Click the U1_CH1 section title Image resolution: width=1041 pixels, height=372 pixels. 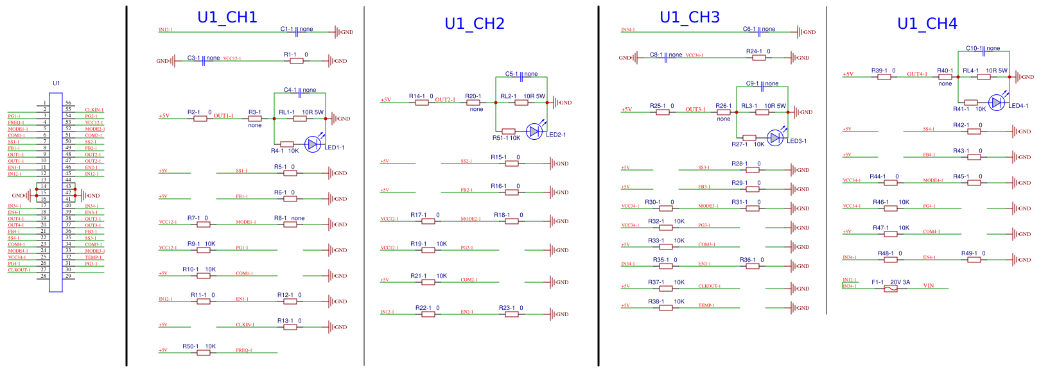(227, 17)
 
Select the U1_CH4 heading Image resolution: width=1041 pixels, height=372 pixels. (927, 24)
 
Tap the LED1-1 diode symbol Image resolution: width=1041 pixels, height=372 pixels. (313, 144)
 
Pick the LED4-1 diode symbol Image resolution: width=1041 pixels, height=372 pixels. (996, 102)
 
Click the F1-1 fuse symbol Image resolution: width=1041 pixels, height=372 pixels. (890, 289)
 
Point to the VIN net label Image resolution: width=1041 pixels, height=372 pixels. (929, 285)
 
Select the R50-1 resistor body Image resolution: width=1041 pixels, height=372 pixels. (204, 353)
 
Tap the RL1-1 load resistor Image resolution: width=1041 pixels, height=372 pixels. (300, 119)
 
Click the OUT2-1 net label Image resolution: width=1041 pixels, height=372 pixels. (445, 100)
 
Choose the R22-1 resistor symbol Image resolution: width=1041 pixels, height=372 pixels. (428, 314)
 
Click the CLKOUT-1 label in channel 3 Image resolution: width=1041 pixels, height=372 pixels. (709, 286)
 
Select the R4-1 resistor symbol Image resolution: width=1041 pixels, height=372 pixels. (287, 144)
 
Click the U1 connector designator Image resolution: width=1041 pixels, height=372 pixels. (56, 83)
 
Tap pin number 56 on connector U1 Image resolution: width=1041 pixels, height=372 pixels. (68, 103)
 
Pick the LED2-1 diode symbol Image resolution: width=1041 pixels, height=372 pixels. (534, 131)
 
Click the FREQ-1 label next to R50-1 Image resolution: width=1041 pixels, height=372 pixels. (243, 350)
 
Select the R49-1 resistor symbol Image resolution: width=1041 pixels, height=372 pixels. (974, 260)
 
